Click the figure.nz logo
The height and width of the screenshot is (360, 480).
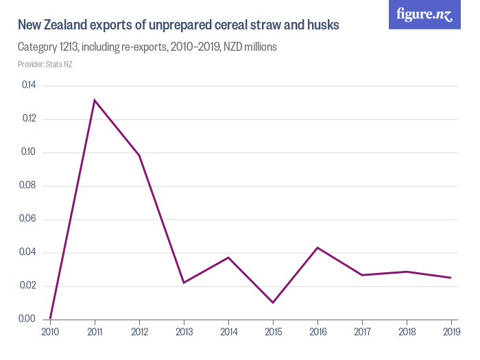pyautogui.click(x=424, y=14)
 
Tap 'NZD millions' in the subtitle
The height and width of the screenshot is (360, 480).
pyautogui.click(x=245, y=47)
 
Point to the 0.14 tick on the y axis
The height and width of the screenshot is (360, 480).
pyautogui.click(x=29, y=86)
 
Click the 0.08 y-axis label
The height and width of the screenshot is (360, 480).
pyautogui.click(x=29, y=186)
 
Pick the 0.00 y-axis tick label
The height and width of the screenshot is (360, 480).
pyautogui.click(x=29, y=320)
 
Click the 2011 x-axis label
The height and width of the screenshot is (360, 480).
pyautogui.click(x=95, y=333)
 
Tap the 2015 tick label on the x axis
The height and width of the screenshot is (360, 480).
pyautogui.click(x=273, y=333)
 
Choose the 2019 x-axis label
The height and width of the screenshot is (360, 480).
pyautogui.click(x=451, y=333)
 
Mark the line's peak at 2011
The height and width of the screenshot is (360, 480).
pyautogui.click(x=95, y=100)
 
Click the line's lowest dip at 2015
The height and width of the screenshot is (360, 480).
pyautogui.click(x=273, y=302)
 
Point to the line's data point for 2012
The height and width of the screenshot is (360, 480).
pyautogui.click(x=139, y=155)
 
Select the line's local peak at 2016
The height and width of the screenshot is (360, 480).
pyautogui.click(x=317, y=248)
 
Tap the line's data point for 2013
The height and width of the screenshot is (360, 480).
pyautogui.click(x=184, y=283)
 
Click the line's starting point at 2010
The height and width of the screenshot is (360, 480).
pyautogui.click(x=50, y=319)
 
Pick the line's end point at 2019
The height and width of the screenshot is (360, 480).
pyautogui.click(x=451, y=278)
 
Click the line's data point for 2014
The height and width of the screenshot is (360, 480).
pyautogui.click(x=228, y=257)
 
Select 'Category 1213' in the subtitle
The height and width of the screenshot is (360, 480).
pyautogui.click(x=47, y=47)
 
